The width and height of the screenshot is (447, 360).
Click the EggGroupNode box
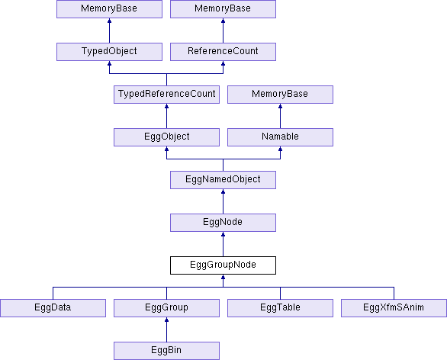(x=223, y=265)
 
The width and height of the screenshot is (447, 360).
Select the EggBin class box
(x=166, y=351)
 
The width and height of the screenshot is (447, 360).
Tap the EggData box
(x=53, y=308)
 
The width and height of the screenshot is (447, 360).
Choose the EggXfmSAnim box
(x=394, y=308)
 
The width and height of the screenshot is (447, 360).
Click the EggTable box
(x=280, y=308)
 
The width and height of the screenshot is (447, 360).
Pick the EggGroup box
(x=166, y=308)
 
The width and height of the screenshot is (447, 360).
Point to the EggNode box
(x=223, y=223)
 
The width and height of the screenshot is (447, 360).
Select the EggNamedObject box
(x=223, y=180)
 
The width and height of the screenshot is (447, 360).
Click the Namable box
(x=280, y=137)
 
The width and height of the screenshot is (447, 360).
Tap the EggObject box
(x=166, y=137)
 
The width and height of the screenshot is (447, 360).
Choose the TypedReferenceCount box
(x=166, y=95)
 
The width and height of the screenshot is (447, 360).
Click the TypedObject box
(x=110, y=52)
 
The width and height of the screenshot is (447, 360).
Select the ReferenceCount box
(x=223, y=52)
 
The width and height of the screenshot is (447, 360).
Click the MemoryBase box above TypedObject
(x=110, y=9)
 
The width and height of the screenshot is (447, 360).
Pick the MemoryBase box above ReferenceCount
(x=223, y=9)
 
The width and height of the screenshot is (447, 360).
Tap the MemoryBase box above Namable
(x=280, y=95)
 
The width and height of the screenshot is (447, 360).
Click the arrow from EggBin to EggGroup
(x=166, y=329)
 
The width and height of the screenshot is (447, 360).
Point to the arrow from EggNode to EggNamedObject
(x=223, y=201)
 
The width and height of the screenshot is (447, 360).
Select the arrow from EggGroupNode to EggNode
(x=223, y=244)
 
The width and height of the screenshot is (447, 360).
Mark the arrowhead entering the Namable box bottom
(x=280, y=149)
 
